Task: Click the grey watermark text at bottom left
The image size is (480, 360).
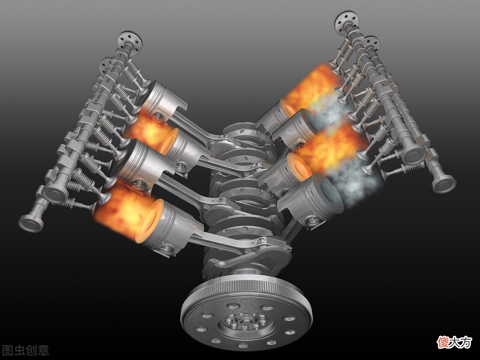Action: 25,350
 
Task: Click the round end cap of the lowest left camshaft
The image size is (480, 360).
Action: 30,223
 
